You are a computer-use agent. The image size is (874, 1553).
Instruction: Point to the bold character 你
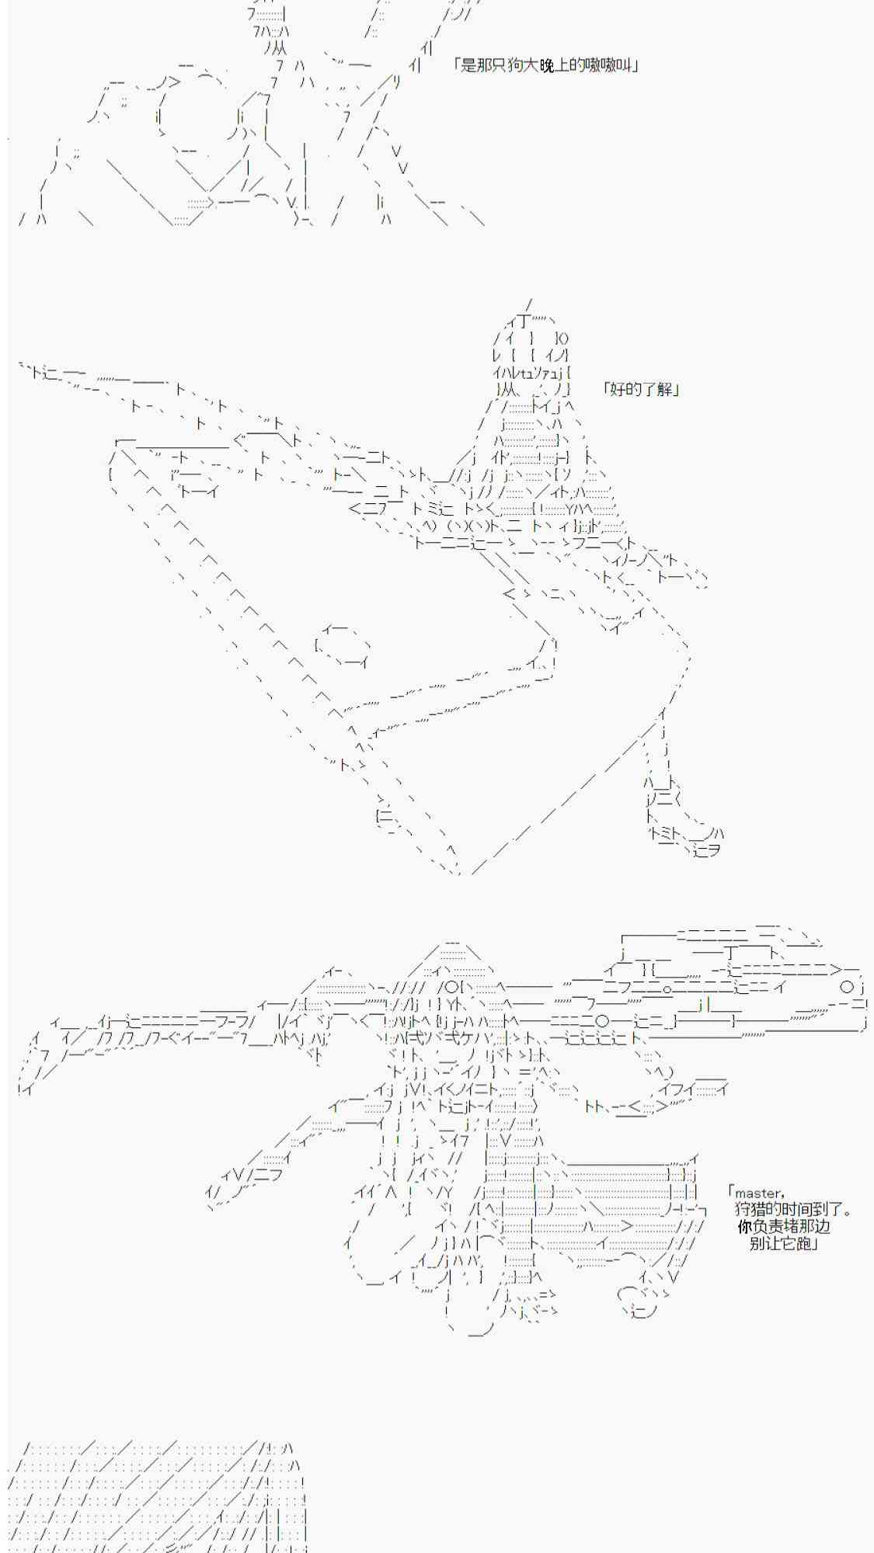pyautogui.click(x=745, y=1227)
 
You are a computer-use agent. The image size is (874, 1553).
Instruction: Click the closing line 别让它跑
pyautogui.click(x=778, y=1244)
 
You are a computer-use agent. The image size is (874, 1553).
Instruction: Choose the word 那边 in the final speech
pyautogui.click(x=816, y=1227)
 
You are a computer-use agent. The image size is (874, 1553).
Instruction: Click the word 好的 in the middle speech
pyautogui.click(x=623, y=389)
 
